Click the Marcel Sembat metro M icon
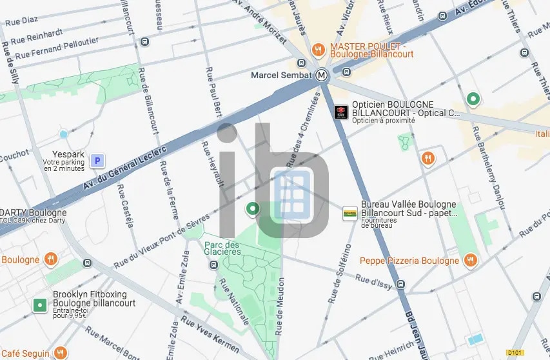323,75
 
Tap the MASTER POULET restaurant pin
317,50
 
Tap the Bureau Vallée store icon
349,213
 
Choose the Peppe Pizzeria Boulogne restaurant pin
471,261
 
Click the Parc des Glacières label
222,248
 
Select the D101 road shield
514,352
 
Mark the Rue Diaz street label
21,21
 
